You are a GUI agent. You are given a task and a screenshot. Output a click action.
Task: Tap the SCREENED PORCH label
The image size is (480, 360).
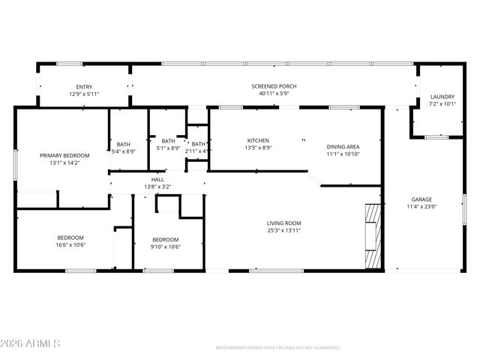pyautogui.click(x=274, y=87)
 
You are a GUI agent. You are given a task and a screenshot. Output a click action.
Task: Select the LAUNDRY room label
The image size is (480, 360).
pyautogui.click(x=441, y=97)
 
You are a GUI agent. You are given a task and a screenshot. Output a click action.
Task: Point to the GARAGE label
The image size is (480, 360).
pyautogui.click(x=421, y=199)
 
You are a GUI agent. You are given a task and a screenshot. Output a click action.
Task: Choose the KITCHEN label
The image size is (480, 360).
pyautogui.click(x=258, y=140)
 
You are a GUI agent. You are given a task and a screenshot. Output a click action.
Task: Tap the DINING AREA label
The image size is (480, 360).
pyautogui.click(x=343, y=147)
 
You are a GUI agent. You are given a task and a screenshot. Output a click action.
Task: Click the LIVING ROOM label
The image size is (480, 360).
pyautogui.click(x=283, y=223)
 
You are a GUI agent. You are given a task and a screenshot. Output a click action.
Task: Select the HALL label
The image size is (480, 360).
pyautogui.click(x=157, y=180)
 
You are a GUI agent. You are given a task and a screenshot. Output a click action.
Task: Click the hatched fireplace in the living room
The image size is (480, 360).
pyautogui.click(x=373, y=235)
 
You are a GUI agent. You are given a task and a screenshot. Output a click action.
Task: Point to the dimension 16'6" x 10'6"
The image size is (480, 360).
pyautogui.click(x=70, y=244)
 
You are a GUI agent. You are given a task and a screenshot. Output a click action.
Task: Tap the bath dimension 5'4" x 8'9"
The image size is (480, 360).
pyautogui.click(x=123, y=151)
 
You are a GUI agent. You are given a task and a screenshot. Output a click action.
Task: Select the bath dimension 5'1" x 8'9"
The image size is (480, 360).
pyautogui.click(x=168, y=148)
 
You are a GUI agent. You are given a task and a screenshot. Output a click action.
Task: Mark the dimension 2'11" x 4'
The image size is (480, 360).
pyautogui.click(x=198, y=151)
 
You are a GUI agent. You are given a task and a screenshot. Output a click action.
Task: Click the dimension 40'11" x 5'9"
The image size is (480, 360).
pyautogui.click(x=274, y=94)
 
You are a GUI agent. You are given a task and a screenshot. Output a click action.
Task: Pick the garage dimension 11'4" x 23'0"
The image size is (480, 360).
pyautogui.click(x=421, y=206)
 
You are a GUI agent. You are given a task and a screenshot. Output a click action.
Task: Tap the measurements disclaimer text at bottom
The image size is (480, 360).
pyautogui.click(x=277, y=348)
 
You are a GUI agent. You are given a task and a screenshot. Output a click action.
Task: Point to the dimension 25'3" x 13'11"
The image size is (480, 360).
pyautogui.click(x=283, y=230)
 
